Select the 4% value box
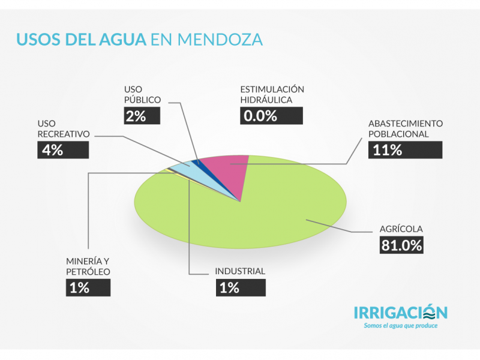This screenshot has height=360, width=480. [x=63, y=150]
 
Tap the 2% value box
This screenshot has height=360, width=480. [x=142, y=115]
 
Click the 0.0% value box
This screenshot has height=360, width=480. [x=272, y=115]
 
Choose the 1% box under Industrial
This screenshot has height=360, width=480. [x=240, y=287]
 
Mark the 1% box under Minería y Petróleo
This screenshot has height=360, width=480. [x=88, y=287]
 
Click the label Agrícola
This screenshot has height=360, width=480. [x=401, y=229]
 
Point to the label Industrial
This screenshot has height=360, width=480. [x=240, y=271]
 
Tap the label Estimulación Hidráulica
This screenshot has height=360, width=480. [x=272, y=94]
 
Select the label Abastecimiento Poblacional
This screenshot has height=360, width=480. [x=406, y=128]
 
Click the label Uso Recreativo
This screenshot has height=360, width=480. [x=63, y=128]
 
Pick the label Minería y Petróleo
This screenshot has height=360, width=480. [x=88, y=266]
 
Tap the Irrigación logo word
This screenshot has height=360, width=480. [x=400, y=313]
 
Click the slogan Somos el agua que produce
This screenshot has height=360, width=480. [x=401, y=326]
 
